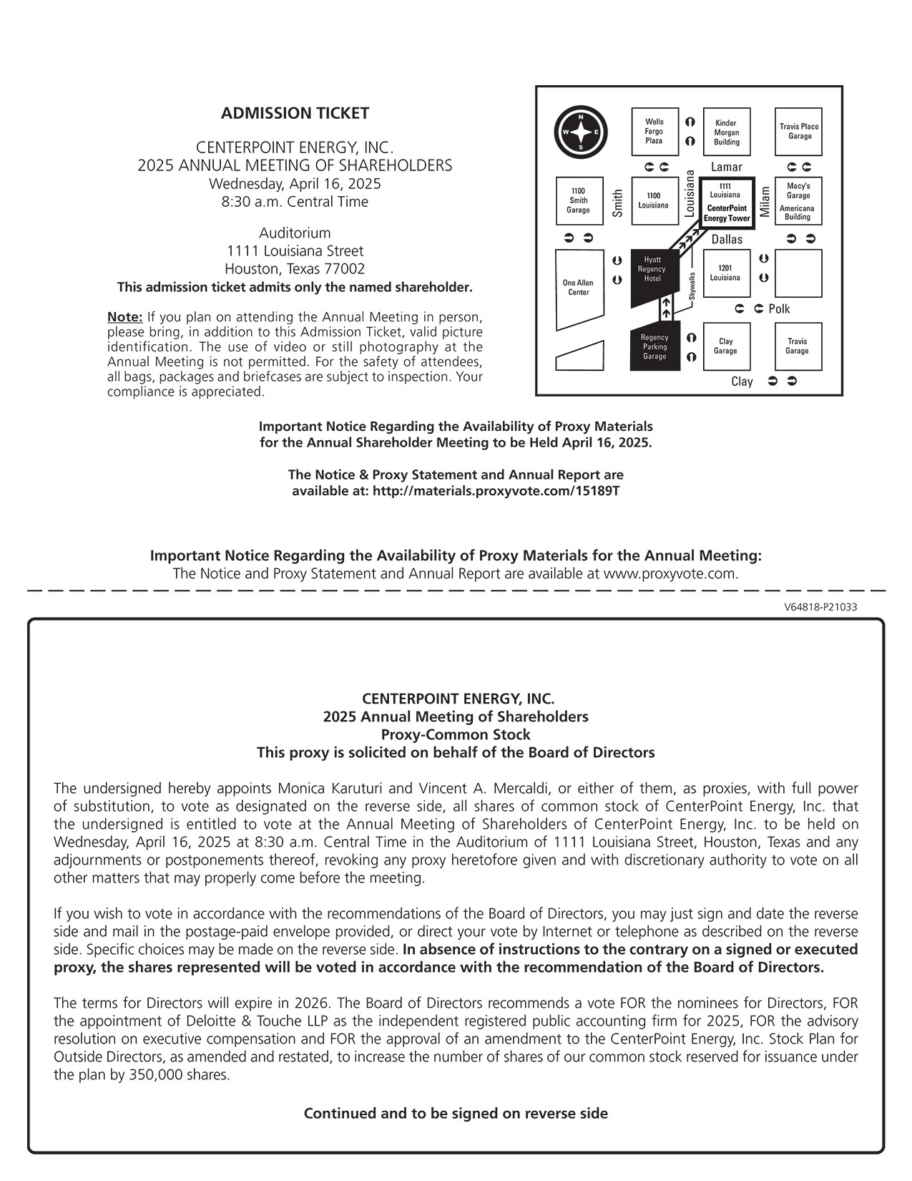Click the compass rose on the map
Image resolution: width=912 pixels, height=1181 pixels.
(x=581, y=133)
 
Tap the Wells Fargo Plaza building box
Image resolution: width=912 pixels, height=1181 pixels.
(x=654, y=132)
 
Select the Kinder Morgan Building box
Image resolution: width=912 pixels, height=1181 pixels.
(x=727, y=132)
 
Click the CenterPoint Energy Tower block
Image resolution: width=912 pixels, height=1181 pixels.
(x=727, y=203)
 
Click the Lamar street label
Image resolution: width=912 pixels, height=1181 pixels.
(x=727, y=167)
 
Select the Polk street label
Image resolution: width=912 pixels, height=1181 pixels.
(x=779, y=309)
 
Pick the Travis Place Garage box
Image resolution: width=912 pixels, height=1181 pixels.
(x=799, y=132)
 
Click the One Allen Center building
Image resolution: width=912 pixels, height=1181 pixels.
(x=579, y=288)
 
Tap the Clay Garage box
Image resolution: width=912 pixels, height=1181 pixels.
(x=725, y=346)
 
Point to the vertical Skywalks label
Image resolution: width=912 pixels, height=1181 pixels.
(x=692, y=287)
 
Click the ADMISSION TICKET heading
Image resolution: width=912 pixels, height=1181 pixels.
(x=295, y=113)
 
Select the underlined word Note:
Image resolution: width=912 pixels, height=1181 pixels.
(x=125, y=317)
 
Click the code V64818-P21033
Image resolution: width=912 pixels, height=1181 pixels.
(x=820, y=607)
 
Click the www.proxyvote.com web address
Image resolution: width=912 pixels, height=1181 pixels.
(x=670, y=574)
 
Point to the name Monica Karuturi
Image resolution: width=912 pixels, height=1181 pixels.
(x=331, y=789)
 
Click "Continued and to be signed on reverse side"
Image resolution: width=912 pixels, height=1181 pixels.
(x=456, y=1114)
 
